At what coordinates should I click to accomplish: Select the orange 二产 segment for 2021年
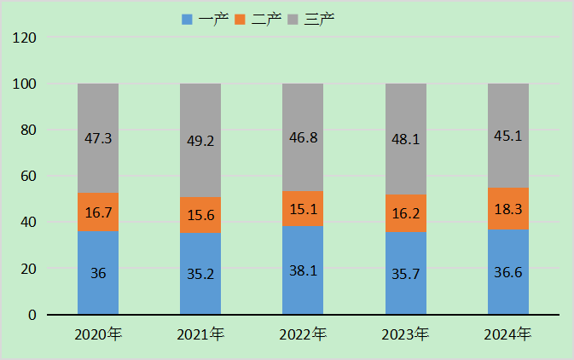coord(200,215)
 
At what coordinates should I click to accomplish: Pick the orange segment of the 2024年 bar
coord(508,208)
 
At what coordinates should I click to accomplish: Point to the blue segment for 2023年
coord(406,273)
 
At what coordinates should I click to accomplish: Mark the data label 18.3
coord(508,207)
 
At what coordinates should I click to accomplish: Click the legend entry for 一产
coord(203,19)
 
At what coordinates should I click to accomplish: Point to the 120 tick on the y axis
coord(25,38)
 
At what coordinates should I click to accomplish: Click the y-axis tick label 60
coord(28,177)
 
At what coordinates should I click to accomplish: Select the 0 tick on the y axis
coord(32,315)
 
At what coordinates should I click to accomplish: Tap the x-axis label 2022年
coord(303,334)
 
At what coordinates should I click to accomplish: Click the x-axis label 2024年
coord(508,334)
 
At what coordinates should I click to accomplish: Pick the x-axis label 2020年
coord(98,334)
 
